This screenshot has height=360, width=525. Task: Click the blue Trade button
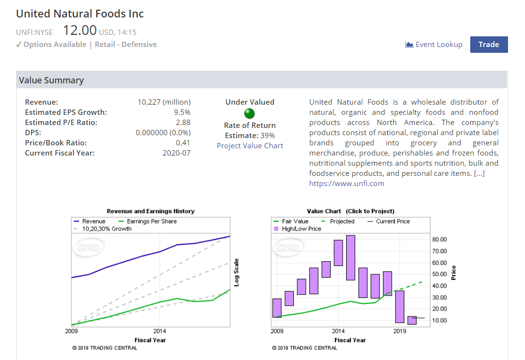489,45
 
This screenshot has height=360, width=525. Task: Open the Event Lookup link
434,45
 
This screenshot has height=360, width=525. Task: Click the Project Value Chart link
250,146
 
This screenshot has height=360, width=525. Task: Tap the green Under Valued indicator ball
250,114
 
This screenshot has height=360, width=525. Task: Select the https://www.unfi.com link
347,184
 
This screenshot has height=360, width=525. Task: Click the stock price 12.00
80,31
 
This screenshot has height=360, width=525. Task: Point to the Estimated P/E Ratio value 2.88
183,123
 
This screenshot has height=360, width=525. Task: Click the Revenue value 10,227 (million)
164,102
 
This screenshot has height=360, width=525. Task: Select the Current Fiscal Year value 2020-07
176,153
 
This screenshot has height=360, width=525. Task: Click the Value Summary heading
51,80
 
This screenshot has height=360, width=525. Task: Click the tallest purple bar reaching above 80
350,258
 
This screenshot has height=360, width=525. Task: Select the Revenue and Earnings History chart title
150,211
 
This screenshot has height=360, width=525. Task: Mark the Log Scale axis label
237,272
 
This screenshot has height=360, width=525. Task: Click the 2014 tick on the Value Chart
338,331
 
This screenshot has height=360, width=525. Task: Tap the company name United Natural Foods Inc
80,14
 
